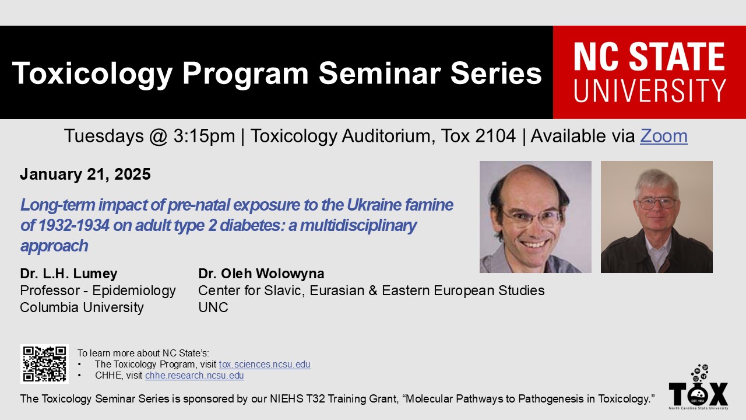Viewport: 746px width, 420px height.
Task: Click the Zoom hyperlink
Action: pos(664,136)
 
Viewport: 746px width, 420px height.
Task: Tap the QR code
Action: pos(44,364)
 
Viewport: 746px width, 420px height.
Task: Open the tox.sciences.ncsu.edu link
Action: pos(265,365)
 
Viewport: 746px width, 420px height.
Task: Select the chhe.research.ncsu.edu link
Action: pos(195,375)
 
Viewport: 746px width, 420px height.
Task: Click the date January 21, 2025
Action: pos(85,174)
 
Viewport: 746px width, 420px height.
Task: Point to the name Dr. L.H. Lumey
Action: pos(69,274)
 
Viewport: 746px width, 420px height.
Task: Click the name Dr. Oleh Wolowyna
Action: pos(261,274)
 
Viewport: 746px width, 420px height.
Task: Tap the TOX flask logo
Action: pos(698,387)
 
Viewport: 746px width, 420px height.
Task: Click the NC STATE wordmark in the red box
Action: pos(649,57)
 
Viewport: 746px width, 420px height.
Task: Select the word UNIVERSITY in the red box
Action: pos(649,90)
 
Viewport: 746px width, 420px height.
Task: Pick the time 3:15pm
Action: pos(204,136)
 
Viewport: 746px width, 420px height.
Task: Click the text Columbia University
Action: pos(82,307)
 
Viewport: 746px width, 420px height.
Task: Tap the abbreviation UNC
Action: pos(213,307)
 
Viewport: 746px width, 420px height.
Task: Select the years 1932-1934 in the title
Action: pos(73,225)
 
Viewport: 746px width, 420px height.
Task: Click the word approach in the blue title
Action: pos(54,246)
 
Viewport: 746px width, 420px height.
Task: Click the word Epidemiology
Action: pos(134,290)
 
